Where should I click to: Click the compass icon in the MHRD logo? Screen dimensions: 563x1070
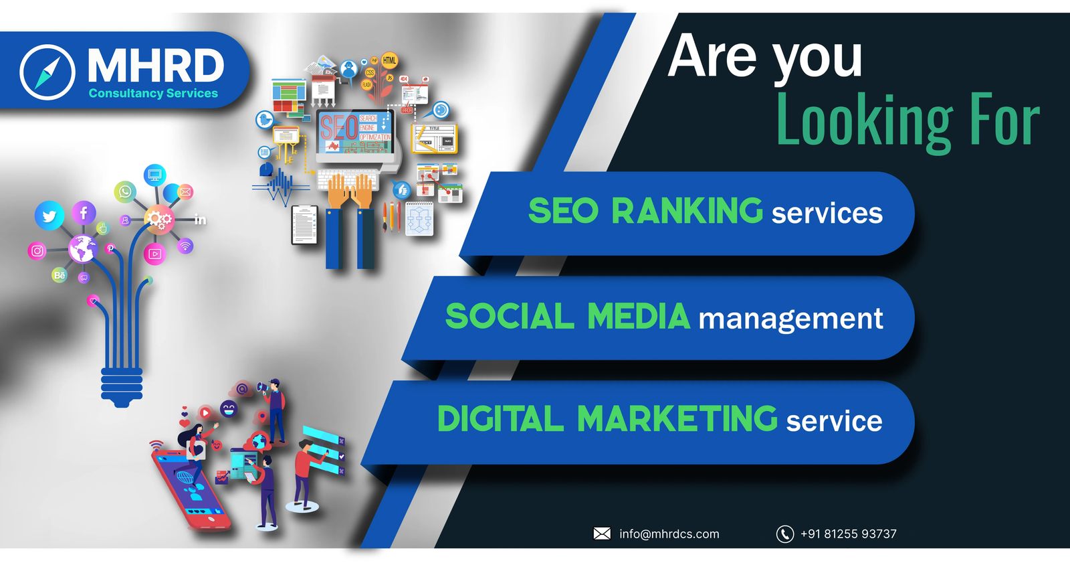(x=47, y=72)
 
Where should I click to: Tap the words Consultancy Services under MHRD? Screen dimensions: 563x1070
(x=153, y=93)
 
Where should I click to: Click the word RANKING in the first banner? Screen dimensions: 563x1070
(x=687, y=212)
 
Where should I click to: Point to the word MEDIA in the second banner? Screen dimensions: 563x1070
(x=638, y=317)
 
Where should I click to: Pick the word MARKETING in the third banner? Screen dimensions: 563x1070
(x=677, y=420)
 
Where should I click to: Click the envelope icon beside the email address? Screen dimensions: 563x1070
(x=602, y=534)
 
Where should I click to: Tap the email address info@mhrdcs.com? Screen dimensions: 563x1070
(x=669, y=534)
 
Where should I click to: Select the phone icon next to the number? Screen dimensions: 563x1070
(x=784, y=534)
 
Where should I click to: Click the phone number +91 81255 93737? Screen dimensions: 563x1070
(x=848, y=534)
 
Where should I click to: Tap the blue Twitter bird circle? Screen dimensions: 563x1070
(x=49, y=216)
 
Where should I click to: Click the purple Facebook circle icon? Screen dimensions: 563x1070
(x=84, y=213)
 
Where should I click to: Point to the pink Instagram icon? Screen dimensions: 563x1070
(x=37, y=251)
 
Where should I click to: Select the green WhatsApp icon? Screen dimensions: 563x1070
(x=124, y=192)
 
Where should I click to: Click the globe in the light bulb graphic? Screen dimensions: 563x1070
(x=83, y=249)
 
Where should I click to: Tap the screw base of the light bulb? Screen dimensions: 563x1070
(x=122, y=387)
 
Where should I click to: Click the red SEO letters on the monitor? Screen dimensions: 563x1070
(x=338, y=127)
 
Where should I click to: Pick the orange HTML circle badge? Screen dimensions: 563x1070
(x=389, y=60)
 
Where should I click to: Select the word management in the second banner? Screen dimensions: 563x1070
(x=790, y=319)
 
